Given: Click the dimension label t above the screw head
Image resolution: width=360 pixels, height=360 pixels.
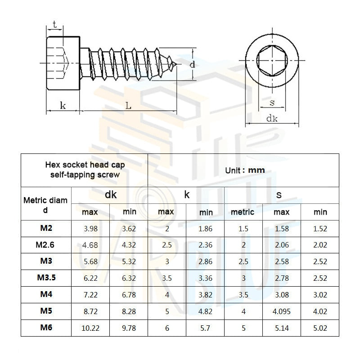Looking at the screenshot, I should point(54,26).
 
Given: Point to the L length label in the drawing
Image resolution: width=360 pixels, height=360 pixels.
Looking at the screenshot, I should point(128,106).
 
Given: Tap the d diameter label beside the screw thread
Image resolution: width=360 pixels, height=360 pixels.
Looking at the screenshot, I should point(192,64).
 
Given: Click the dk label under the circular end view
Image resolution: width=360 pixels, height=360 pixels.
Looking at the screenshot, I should point(271,118).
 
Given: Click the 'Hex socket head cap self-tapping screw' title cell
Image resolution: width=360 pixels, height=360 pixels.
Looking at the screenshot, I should point(85,170).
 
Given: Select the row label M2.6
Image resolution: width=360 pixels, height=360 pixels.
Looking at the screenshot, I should point(46,245).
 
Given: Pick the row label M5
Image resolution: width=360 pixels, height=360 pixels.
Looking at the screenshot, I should point(46,311).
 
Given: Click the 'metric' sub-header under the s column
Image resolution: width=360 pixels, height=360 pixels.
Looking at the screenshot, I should point(243,212).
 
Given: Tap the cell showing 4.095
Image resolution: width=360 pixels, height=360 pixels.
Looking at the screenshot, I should point(282,311).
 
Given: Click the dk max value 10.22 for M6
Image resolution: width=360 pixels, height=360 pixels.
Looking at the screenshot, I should point(90,328).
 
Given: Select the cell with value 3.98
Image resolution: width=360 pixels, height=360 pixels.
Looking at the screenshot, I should point(90,229).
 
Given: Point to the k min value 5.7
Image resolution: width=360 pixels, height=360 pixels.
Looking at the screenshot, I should point(206,328).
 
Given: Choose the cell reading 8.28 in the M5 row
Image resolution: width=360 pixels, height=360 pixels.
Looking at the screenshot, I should point(129,311).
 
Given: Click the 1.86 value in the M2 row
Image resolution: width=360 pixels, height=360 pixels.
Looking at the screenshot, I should point(206,229).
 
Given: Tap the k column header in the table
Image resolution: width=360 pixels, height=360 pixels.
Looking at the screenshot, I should point(187,195).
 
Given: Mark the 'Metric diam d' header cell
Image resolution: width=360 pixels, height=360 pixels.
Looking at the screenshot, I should point(46,204).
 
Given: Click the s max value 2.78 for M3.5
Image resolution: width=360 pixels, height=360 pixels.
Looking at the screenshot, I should point(282,278).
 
